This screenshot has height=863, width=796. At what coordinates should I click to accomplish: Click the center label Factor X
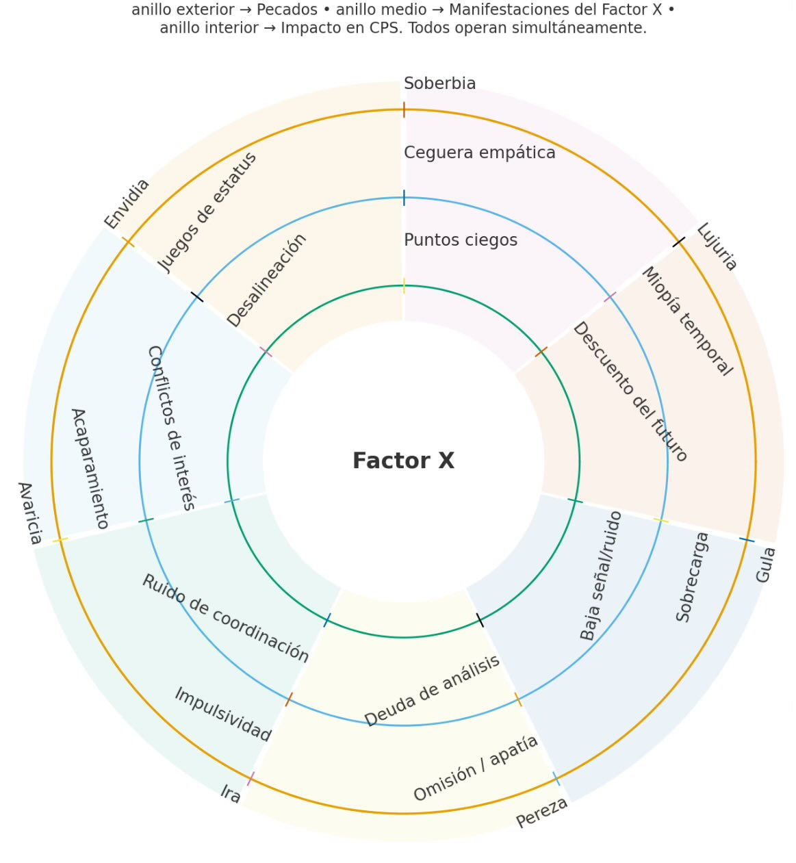[403, 461]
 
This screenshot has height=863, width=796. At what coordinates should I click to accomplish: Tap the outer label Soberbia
[439, 83]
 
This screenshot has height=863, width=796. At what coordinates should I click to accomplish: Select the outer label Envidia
[127, 203]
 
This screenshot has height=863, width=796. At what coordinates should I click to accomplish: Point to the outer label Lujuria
[717, 246]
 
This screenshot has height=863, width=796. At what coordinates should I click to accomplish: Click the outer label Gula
[765, 565]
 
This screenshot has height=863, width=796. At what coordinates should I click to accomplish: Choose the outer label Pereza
[541, 812]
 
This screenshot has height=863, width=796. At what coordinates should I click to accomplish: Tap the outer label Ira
[231, 794]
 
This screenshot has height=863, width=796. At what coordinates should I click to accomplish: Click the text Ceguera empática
[479, 153]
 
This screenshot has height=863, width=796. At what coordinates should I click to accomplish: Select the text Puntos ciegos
[460, 240]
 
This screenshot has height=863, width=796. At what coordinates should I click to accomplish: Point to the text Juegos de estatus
[207, 211]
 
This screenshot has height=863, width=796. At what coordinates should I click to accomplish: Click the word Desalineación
[267, 281]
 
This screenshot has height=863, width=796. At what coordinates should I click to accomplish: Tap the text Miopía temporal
[686, 322]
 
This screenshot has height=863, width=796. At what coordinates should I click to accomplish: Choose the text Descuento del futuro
[630, 392]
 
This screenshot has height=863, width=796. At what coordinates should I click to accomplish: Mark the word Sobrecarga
[693, 577]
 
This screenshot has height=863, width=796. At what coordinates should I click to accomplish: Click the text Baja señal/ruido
[601, 576]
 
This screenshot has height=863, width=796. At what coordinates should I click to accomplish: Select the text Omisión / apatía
[476, 769]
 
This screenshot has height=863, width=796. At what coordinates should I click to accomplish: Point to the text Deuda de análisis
[432, 691]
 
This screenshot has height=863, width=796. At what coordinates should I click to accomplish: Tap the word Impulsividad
[223, 714]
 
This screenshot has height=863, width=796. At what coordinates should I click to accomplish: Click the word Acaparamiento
[90, 469]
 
